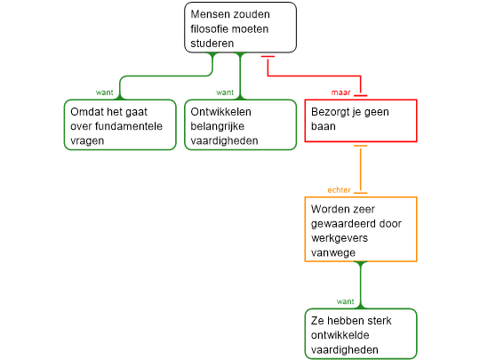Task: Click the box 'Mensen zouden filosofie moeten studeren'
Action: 240,28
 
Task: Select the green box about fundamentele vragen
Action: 120,124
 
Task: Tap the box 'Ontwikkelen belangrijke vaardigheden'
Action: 240,124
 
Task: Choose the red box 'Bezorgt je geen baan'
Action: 361,121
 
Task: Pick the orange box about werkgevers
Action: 361,229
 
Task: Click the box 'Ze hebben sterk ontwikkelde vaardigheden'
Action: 361,333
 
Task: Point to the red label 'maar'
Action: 340,92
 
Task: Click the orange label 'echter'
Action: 339,190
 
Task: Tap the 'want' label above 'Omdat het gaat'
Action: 104,92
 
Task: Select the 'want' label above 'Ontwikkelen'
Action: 225,92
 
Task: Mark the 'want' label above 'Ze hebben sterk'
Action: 345,301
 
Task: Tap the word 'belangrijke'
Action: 218,126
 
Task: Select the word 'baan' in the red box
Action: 324,126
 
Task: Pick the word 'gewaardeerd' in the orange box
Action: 343,224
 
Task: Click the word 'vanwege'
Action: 333,252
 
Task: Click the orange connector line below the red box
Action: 361,170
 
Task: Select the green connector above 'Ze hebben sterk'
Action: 361,285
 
